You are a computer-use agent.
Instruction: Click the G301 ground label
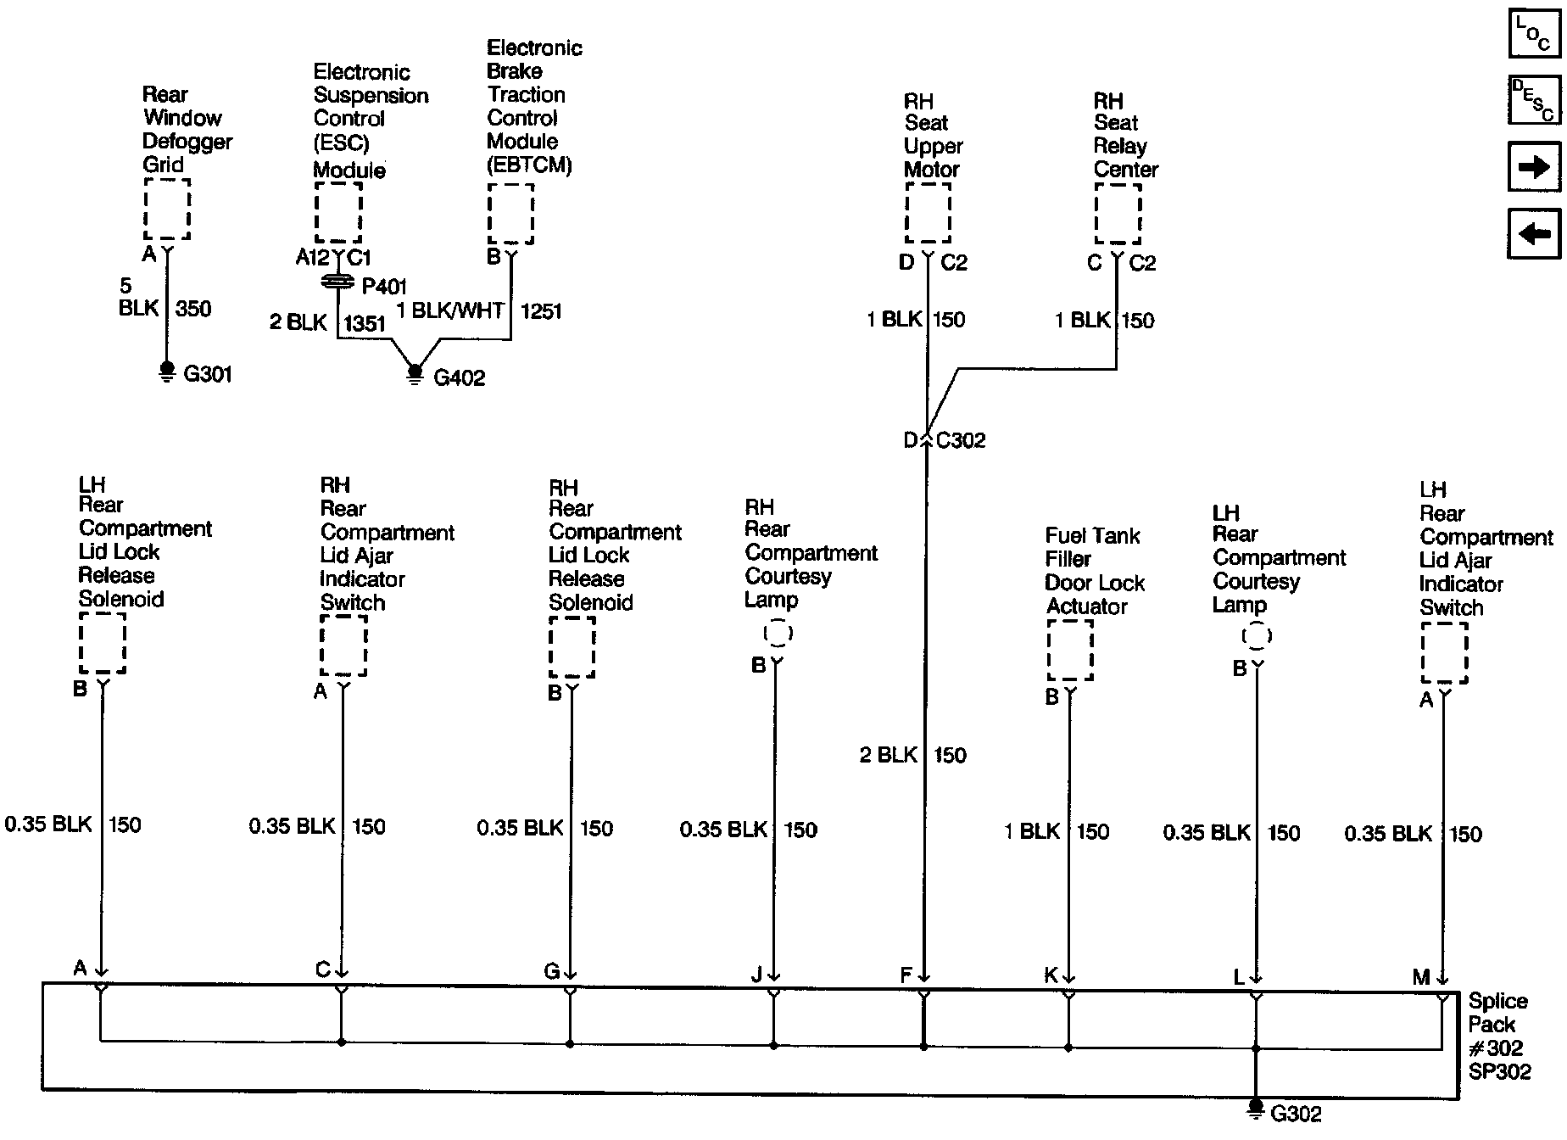point(208,374)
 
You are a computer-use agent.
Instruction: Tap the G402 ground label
point(459,378)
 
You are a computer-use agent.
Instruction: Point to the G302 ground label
point(1296,1114)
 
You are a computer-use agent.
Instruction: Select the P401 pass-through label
point(384,286)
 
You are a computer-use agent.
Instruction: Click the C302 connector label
point(961,440)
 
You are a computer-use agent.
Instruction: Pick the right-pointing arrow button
point(1534,167)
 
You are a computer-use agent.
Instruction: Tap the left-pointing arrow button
point(1534,233)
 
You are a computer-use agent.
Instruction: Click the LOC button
point(1534,34)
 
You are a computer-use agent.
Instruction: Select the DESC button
point(1534,100)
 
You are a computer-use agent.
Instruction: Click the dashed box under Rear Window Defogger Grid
point(167,209)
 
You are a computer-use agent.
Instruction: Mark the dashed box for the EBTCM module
point(510,214)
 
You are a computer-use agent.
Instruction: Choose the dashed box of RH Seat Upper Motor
point(928,213)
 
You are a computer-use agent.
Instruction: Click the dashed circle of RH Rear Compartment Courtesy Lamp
point(778,633)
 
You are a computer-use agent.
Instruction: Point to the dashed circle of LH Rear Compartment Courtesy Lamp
point(1257,636)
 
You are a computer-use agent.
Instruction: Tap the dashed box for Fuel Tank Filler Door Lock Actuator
point(1070,650)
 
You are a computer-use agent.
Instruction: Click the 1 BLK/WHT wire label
point(450,311)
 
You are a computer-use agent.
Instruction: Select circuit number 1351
point(365,323)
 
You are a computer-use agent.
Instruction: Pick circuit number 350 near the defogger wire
point(193,309)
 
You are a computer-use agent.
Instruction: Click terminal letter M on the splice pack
point(1421,977)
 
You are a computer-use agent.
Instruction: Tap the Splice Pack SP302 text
point(1499,1037)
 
